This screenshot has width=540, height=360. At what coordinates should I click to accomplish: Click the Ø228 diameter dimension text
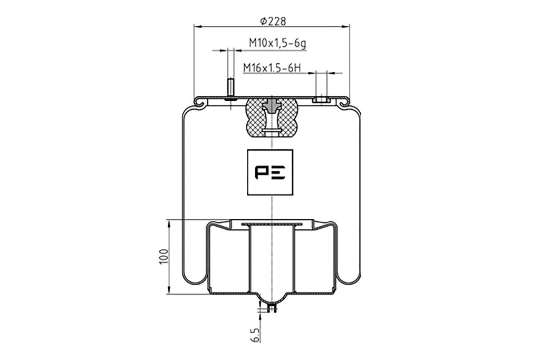[x=273, y=21]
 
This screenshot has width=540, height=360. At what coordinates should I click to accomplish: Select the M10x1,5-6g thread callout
[x=277, y=43]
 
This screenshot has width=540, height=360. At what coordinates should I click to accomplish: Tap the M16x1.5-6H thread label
[x=272, y=67]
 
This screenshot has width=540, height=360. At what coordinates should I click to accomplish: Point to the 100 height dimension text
[x=164, y=257]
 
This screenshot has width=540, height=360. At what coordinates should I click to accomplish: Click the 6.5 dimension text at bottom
[x=255, y=335]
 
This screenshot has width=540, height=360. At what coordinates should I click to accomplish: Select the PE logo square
[x=271, y=172]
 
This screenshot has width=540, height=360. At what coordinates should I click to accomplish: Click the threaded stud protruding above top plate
[x=230, y=89]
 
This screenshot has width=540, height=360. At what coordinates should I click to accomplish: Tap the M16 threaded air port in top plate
[x=321, y=100]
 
